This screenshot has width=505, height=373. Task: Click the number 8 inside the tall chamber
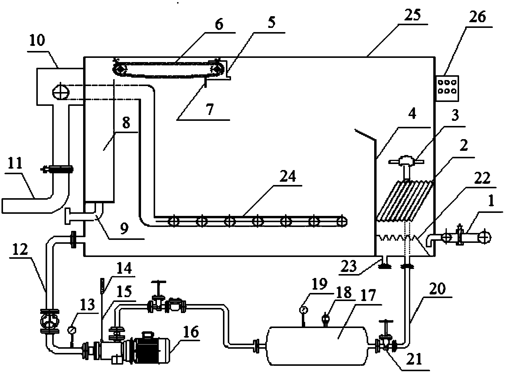point(126,123)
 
